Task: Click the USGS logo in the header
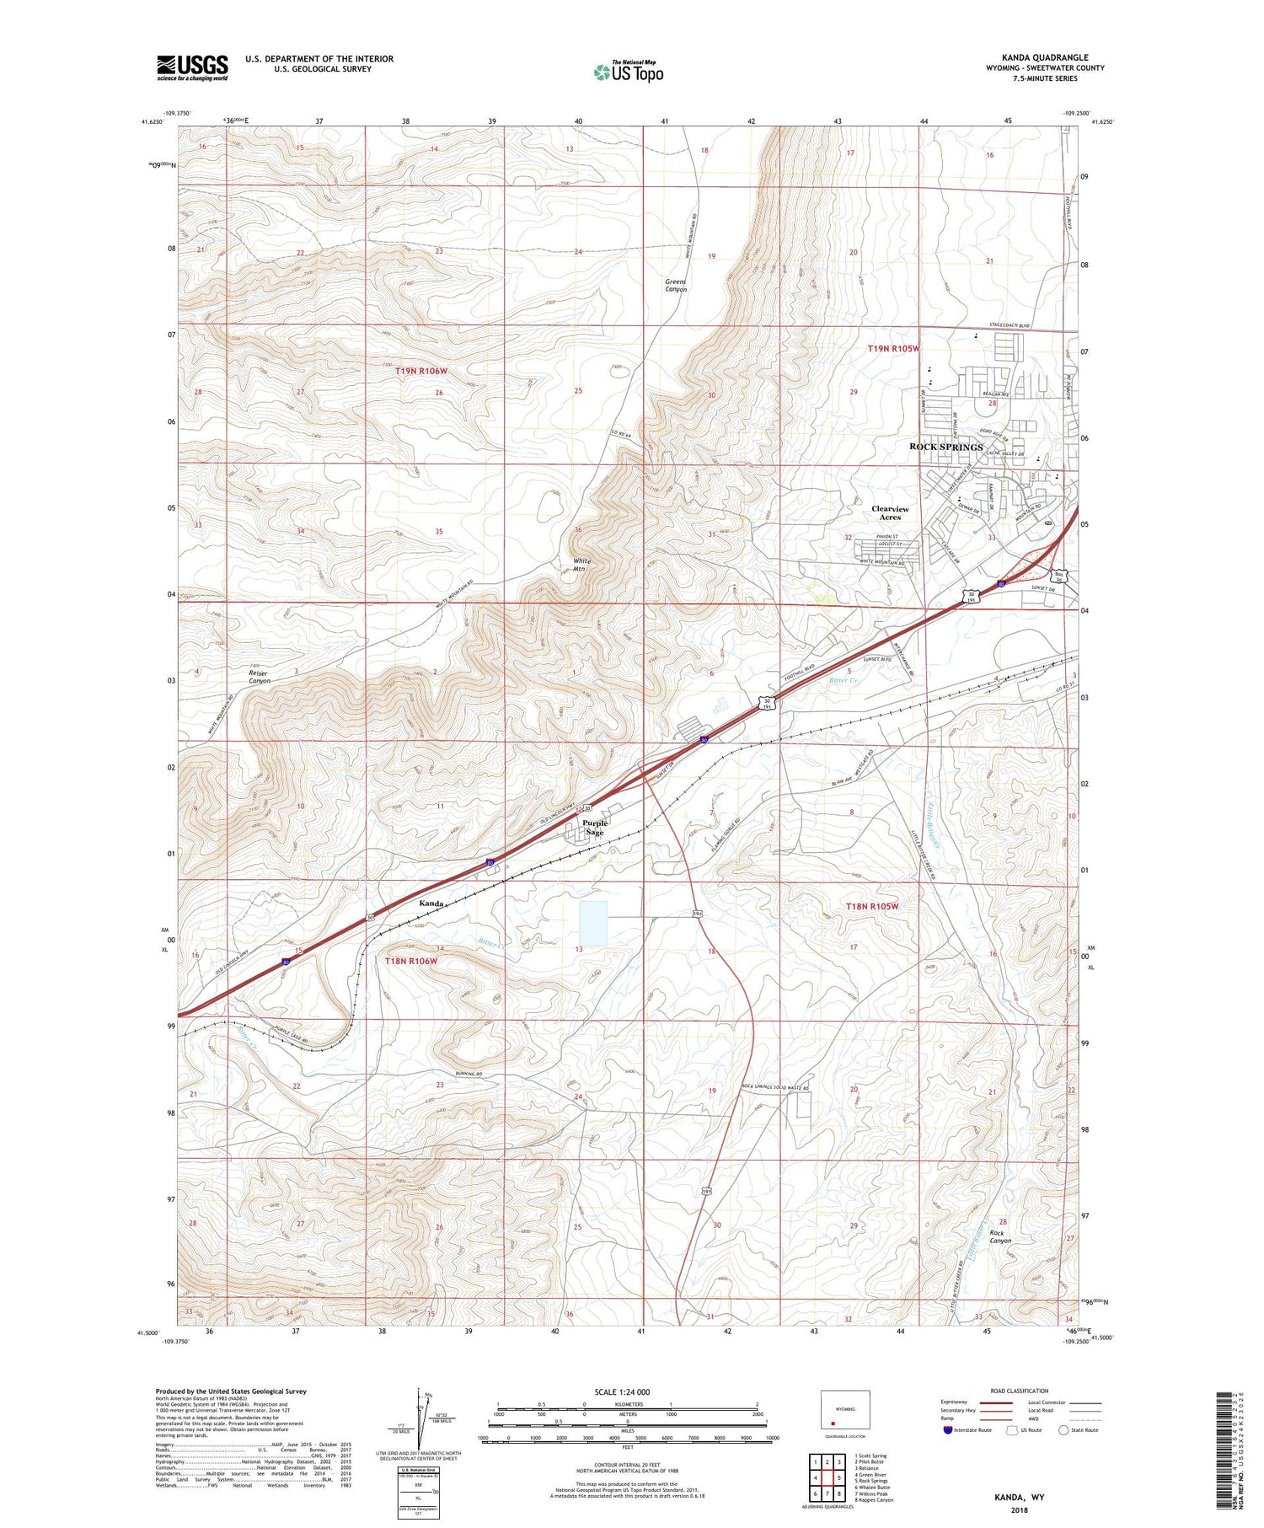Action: (191, 67)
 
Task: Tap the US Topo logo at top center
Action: (628, 72)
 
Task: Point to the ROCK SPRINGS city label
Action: (945, 447)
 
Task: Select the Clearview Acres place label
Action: (890, 513)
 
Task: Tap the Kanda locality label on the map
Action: (431, 903)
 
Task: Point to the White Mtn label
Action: (581, 565)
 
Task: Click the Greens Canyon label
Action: (676, 286)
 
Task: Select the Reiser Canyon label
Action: (260, 676)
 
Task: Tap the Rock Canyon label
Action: (1000, 1236)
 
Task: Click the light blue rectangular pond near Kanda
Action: (592, 923)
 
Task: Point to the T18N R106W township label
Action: (411, 961)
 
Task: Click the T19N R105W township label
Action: (893, 348)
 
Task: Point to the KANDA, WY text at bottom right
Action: (1019, 1497)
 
